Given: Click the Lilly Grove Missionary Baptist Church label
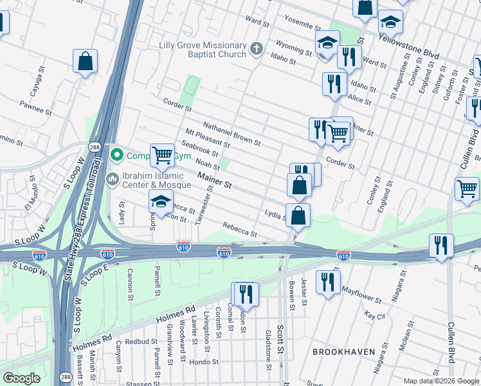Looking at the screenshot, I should (x=203, y=50).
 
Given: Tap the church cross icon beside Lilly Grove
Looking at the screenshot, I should (x=256, y=49).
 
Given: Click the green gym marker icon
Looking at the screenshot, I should (x=116, y=155).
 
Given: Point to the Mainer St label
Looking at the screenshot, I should (x=215, y=179).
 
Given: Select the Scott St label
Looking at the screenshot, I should (x=280, y=338).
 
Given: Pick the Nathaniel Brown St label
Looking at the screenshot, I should (x=231, y=133).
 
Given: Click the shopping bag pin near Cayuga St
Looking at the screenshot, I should (x=85, y=62).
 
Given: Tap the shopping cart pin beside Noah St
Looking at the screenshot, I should (x=162, y=155).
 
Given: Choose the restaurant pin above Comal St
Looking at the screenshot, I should (x=245, y=294).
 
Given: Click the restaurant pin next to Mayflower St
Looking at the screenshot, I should (x=328, y=282).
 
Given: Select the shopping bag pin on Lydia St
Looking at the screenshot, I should (x=298, y=216).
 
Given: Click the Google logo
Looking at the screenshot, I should (x=21, y=378).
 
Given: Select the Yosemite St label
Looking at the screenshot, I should (x=302, y=23).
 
